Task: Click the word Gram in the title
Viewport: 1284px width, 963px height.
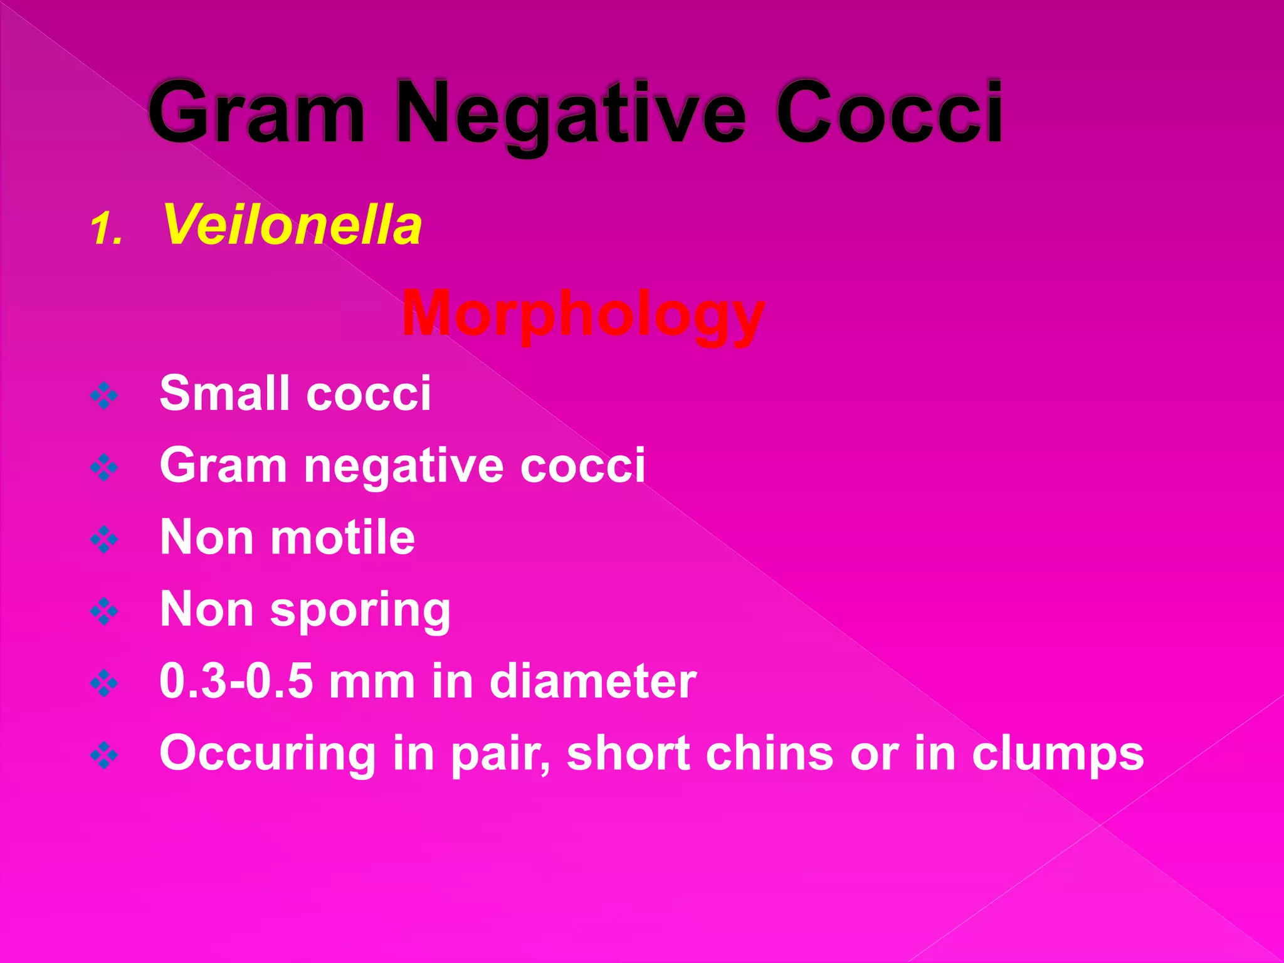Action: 256,113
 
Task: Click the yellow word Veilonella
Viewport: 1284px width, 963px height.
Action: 292,225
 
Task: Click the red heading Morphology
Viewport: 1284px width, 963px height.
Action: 583,315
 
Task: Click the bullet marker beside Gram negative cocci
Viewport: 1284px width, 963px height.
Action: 104,467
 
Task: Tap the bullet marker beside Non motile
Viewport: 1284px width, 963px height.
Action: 104,539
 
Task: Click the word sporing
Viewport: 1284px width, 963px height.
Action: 360,611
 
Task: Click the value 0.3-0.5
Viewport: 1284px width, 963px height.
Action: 236,681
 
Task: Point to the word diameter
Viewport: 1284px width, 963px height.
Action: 592,681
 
